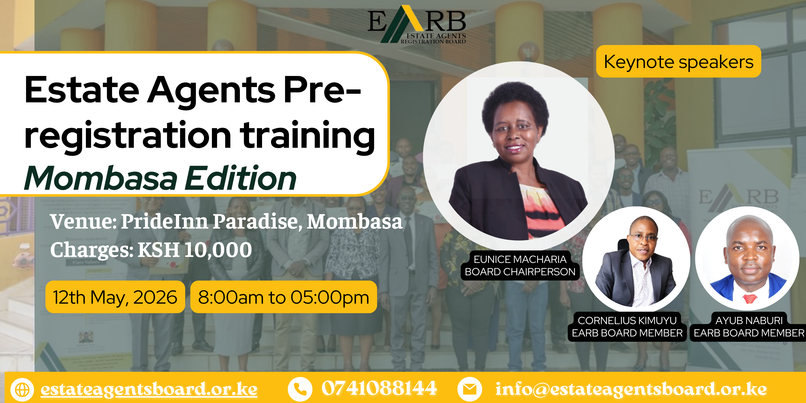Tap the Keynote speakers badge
coord(678,61)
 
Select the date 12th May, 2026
coord(115,297)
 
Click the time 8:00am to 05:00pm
coord(283,297)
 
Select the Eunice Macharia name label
coord(520,265)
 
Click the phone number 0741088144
coord(379,388)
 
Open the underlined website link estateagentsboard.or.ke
coord(149,389)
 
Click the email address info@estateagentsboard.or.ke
coord(631,389)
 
